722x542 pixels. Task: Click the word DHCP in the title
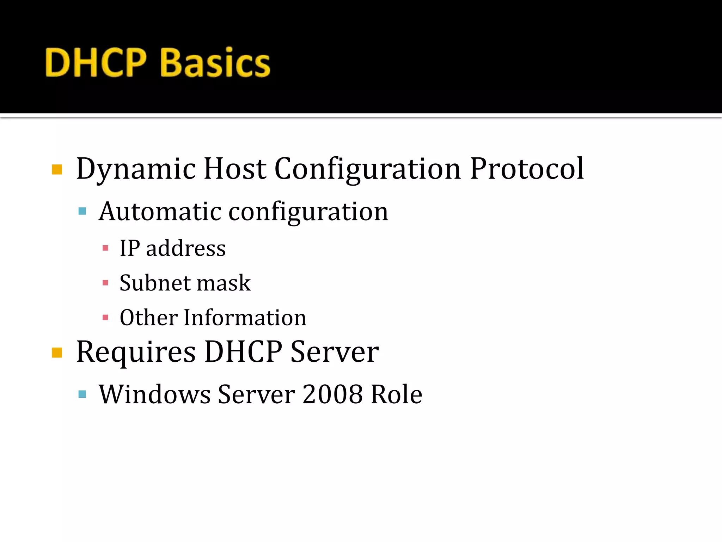(x=96, y=62)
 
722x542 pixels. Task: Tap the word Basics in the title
(x=215, y=62)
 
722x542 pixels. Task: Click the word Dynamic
(x=136, y=169)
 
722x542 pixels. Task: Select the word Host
(x=235, y=169)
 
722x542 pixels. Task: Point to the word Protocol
(x=527, y=169)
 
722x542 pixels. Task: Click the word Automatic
(x=160, y=211)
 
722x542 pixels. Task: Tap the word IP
(x=130, y=248)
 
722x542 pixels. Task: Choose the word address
(x=186, y=248)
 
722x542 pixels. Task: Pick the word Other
(x=148, y=317)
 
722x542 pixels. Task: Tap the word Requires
(x=136, y=352)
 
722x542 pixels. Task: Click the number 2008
(x=332, y=394)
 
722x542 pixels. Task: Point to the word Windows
(x=155, y=394)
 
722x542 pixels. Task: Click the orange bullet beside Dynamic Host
(x=57, y=170)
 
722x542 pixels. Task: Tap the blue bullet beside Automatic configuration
(x=82, y=211)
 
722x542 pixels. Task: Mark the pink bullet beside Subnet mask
(x=105, y=283)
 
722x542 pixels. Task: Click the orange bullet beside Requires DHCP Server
(x=57, y=353)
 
